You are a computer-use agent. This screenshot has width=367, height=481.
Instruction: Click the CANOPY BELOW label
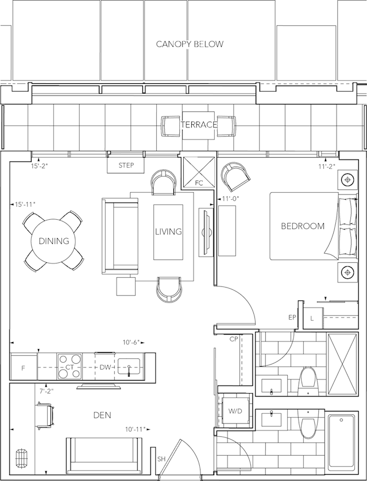point(190,44)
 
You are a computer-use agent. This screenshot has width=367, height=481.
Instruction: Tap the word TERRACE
point(199,125)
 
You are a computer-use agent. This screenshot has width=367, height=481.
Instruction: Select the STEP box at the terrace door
point(126,165)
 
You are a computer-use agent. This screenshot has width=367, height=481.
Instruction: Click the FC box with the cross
point(199,172)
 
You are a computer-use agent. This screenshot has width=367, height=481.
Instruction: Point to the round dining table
point(53,241)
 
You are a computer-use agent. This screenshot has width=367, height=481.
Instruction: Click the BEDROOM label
point(303,226)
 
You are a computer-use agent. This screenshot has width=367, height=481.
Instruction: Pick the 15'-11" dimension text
point(25,204)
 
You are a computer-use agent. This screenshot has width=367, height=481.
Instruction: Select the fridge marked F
point(24,367)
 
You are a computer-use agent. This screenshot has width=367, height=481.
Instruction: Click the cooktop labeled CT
point(69,366)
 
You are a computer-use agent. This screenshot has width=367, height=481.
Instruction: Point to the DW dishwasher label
point(105,367)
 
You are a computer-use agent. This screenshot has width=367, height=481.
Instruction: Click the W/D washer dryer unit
point(235,411)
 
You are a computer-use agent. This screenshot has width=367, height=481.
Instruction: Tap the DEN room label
point(102,415)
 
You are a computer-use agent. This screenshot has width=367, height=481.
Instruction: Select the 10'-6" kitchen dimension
point(132,342)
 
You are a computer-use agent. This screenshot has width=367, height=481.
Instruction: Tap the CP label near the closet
point(234,339)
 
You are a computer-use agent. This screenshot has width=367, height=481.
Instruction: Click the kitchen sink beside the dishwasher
point(129,366)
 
